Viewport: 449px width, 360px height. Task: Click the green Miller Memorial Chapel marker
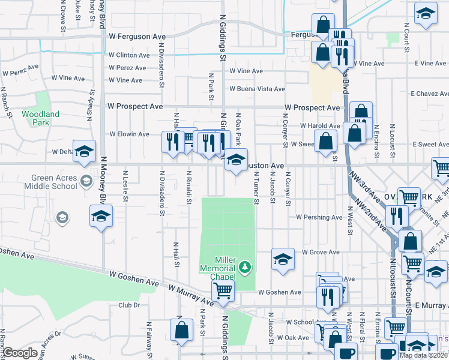(x=244, y=266)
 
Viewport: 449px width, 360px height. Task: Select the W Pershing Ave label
(x=319, y=217)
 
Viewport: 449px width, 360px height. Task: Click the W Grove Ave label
(x=321, y=252)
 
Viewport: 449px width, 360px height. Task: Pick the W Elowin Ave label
(x=129, y=134)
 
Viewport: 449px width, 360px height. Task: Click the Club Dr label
(x=129, y=305)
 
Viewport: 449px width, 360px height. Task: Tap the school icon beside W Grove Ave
(x=283, y=259)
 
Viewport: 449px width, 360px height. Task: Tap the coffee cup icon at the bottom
(x=345, y=353)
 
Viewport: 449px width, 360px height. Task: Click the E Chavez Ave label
(x=429, y=94)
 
